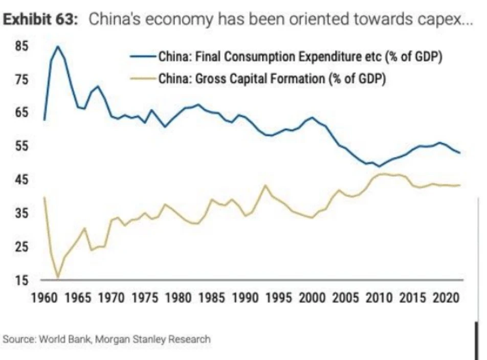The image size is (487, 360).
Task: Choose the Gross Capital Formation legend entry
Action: pos(272,79)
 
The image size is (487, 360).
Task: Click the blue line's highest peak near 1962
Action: pos(58,47)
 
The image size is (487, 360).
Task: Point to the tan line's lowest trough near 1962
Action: pos(58,278)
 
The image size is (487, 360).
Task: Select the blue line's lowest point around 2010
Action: pos(379,166)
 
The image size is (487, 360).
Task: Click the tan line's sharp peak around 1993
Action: pos(264,185)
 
